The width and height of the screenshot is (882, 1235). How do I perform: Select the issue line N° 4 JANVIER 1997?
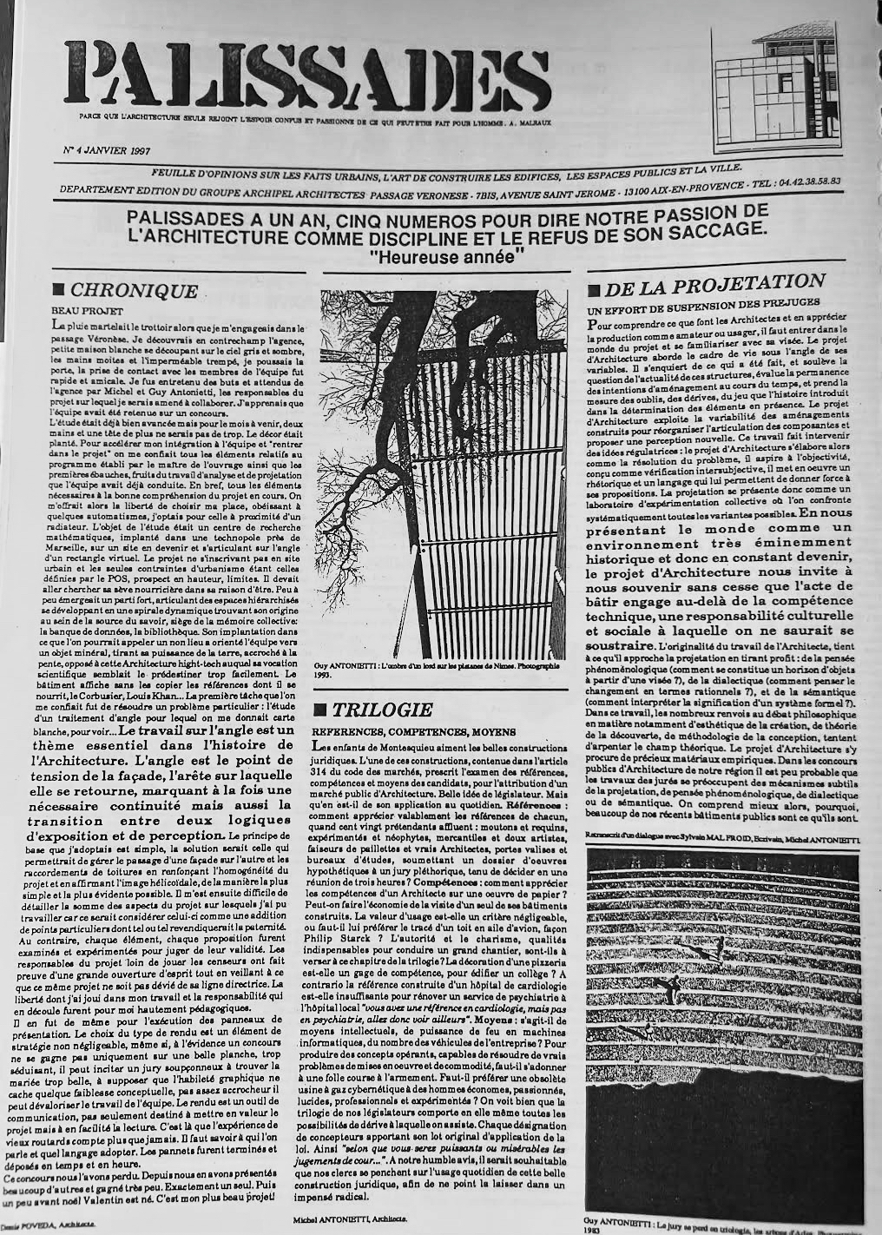[x=107, y=150]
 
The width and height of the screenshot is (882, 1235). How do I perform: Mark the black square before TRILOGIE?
[x=320, y=710]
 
